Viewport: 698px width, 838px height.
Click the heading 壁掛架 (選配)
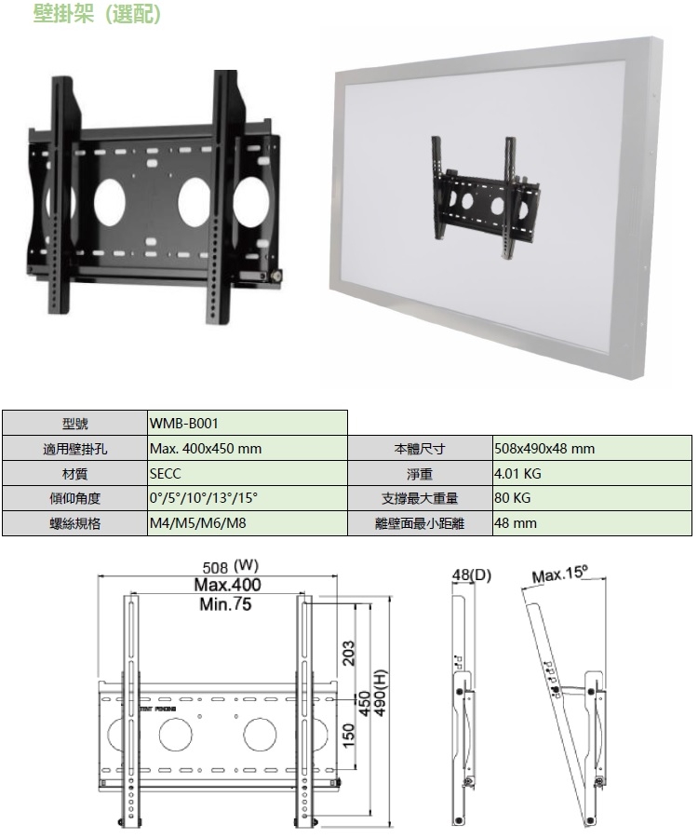pos(97,15)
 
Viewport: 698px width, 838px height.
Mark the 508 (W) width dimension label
pos(230,565)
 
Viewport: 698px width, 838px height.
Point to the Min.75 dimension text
pos(226,604)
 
